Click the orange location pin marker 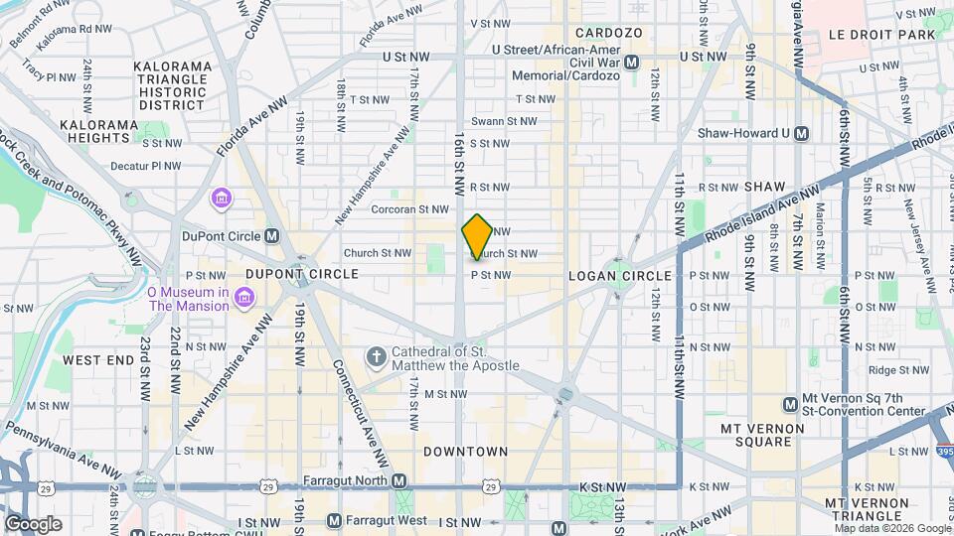[477, 236]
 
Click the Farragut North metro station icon [399, 481]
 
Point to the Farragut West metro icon [335, 520]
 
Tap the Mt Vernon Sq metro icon [791, 404]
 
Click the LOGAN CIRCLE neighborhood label [605, 275]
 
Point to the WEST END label [98, 360]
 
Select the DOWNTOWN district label [465, 452]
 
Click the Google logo [33, 523]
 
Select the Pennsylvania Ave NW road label [60, 448]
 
